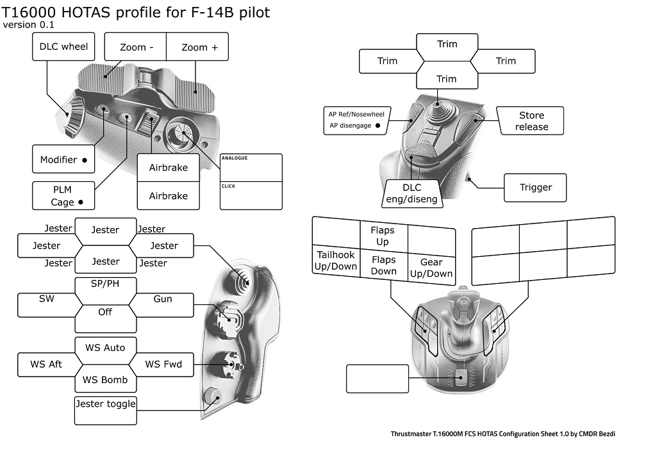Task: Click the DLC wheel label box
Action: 63,46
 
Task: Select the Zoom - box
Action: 136,47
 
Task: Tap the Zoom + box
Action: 199,47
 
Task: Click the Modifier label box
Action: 63,159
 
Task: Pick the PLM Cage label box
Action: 63,195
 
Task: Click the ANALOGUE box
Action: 251,168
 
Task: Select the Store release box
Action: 531,121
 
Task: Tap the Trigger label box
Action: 535,188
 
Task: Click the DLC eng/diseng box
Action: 412,193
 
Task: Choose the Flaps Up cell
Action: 383,236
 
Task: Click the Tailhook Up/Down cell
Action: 336,261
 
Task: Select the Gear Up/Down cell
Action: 431,267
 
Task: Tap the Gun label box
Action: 162,299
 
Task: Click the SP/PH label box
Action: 106,284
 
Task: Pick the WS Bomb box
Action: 106,380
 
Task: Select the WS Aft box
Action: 47,364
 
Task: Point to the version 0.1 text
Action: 29,25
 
